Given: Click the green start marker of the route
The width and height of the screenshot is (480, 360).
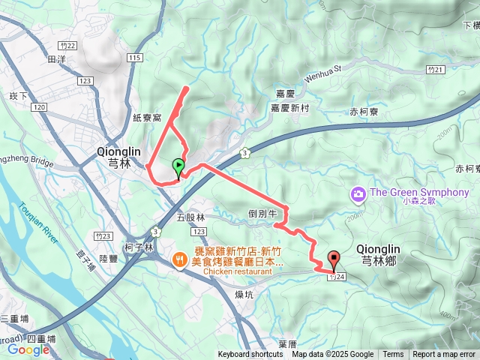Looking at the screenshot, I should point(178,166).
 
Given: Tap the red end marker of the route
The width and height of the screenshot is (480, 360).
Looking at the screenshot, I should point(333,259).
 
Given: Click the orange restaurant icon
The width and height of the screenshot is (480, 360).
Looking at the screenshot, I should point(180,259).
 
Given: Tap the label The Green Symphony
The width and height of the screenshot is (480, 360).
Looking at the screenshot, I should point(419,193).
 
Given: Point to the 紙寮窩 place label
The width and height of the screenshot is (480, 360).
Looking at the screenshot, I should point(146,118).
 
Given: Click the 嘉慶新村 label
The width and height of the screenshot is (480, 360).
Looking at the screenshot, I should point(289,108).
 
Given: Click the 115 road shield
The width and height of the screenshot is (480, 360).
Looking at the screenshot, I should point(135,58).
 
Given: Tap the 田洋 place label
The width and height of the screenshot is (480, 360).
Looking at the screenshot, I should point(57,58).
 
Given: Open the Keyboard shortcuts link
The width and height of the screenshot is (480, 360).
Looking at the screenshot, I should point(250,355).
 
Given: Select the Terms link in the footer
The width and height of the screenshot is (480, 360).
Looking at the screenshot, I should point(393,355).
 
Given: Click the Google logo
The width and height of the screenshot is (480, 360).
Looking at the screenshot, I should point(28,349).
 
